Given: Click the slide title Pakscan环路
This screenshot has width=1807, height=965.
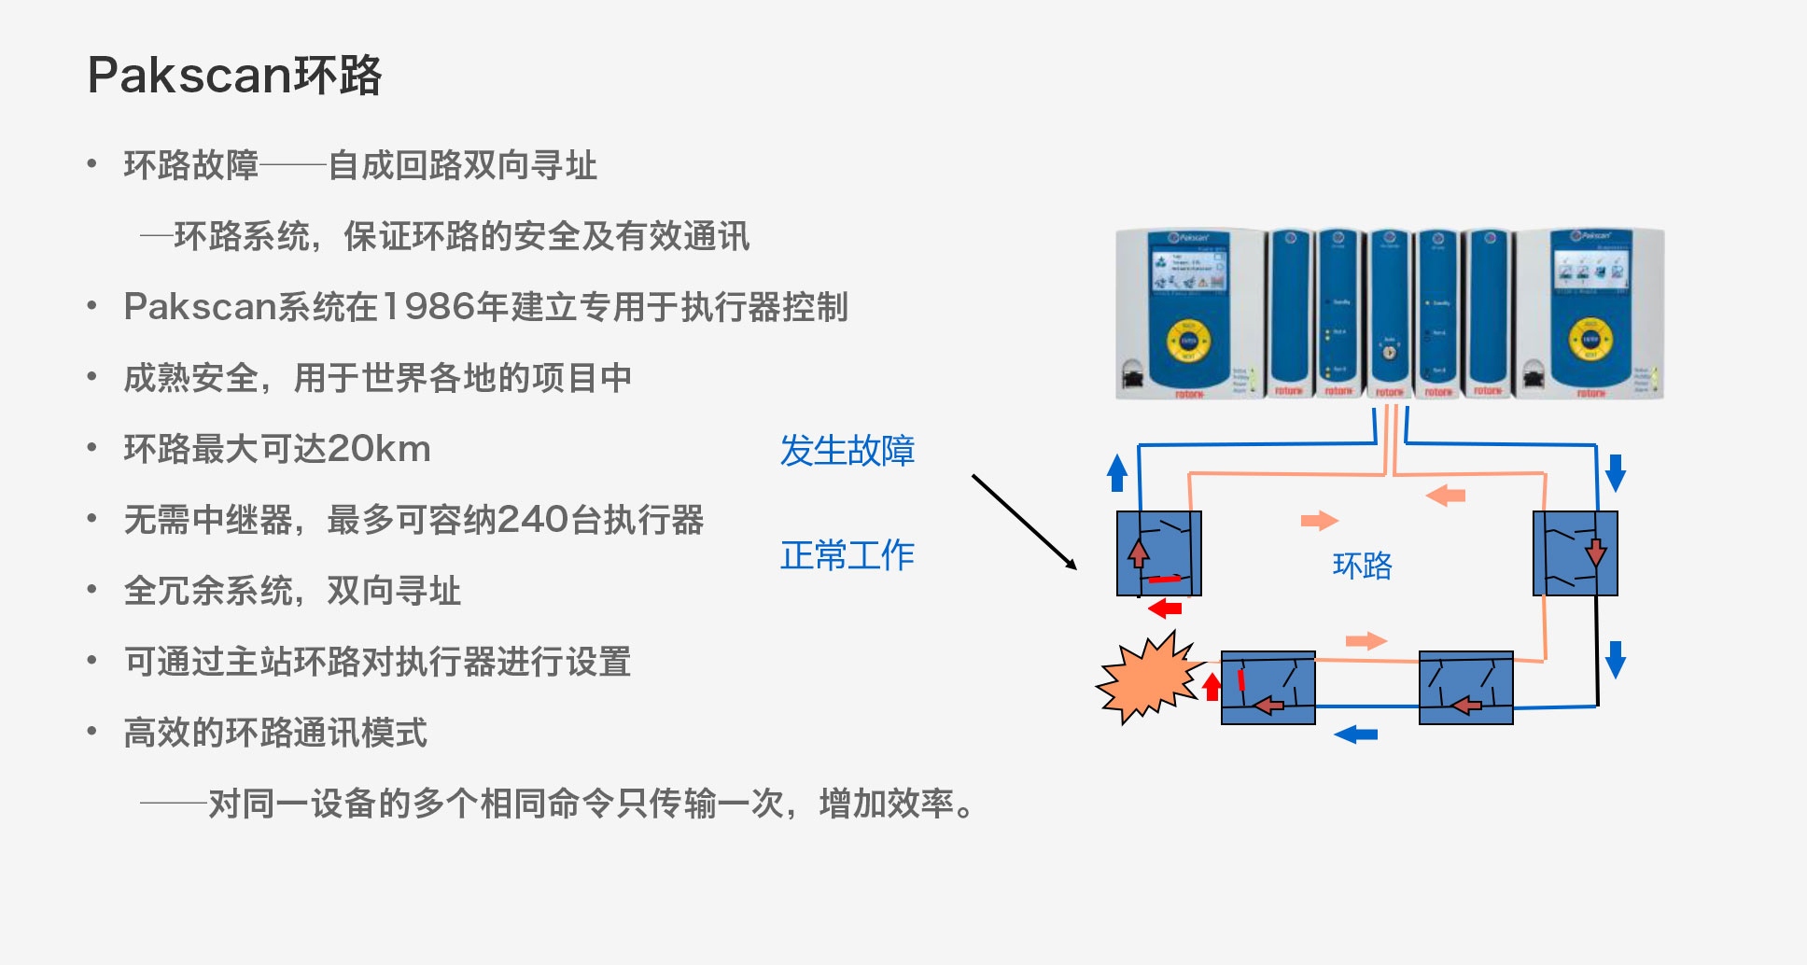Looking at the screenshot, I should point(234,75).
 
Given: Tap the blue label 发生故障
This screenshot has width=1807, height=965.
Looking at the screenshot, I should point(847,451).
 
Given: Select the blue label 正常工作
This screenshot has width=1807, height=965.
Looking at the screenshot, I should point(847,555).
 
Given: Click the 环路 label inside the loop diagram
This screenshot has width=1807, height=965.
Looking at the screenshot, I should point(1362,566).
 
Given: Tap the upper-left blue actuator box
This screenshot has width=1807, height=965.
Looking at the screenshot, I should point(1158,552).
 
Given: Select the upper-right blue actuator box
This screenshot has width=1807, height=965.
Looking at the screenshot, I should point(1575,552).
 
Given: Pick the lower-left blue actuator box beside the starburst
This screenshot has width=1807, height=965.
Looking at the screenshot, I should point(1268,688).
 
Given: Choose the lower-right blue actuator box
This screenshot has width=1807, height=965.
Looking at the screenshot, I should point(1465,688).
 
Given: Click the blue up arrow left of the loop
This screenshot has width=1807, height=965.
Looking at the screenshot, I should point(1117,472).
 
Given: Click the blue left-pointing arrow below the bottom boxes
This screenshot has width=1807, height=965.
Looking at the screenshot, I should point(1356,734).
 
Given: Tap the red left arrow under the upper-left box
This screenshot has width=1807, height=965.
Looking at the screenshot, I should point(1165,609).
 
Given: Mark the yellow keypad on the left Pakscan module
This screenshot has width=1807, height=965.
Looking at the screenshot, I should point(1188,342).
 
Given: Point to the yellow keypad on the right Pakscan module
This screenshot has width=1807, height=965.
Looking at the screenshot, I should point(1590,340).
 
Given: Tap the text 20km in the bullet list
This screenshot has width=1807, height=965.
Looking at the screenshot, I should point(379,449).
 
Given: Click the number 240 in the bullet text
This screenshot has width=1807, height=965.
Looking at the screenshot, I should point(533,520).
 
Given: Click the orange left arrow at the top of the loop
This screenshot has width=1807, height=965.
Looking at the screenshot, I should point(1446,496).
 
